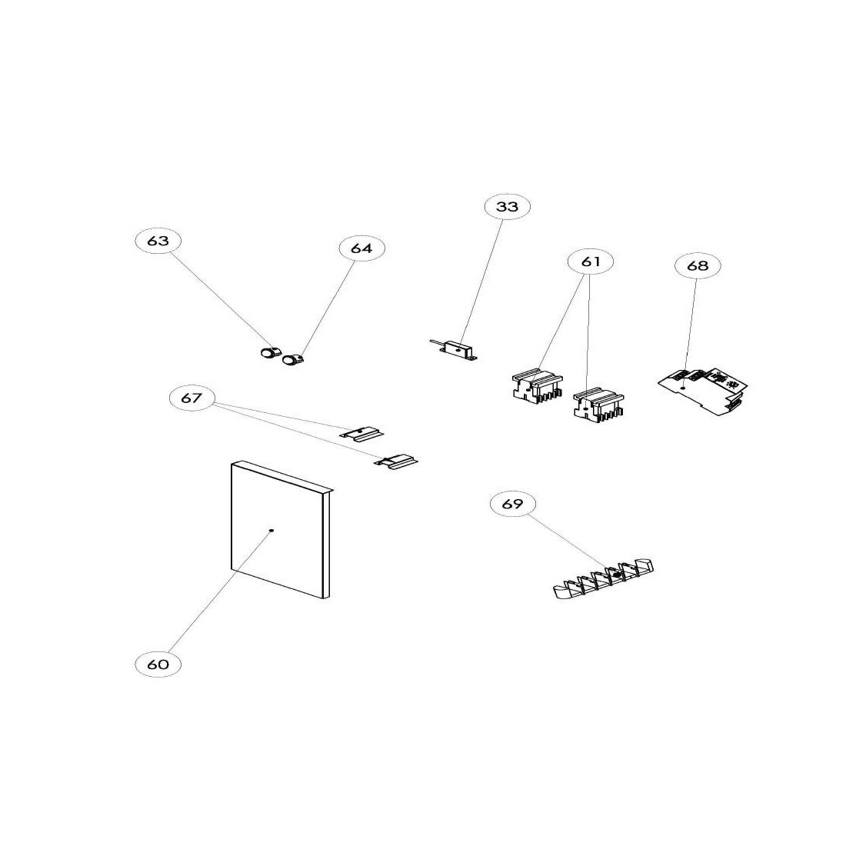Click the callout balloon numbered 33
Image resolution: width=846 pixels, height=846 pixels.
click(x=507, y=206)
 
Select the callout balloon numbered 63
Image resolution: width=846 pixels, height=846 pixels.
click(x=158, y=241)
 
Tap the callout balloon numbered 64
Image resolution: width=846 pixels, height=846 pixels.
click(x=361, y=248)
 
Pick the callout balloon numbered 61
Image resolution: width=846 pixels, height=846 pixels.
click(x=591, y=261)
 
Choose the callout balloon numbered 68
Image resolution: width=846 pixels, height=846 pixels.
click(x=697, y=265)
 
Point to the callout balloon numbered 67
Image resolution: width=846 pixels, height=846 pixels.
click(x=192, y=398)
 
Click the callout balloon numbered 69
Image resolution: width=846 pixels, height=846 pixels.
click(x=512, y=504)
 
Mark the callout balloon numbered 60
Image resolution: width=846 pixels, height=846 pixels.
click(x=158, y=664)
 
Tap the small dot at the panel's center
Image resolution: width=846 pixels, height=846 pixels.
click(x=271, y=531)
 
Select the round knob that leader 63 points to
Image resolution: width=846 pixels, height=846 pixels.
click(x=268, y=354)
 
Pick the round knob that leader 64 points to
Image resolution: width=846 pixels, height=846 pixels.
click(x=292, y=359)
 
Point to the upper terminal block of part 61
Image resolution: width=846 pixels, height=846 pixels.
click(x=537, y=385)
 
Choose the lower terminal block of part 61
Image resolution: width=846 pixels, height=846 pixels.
click(x=598, y=404)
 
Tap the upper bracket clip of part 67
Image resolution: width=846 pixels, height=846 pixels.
click(x=361, y=433)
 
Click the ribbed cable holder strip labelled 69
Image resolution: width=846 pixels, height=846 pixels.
click(x=604, y=578)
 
